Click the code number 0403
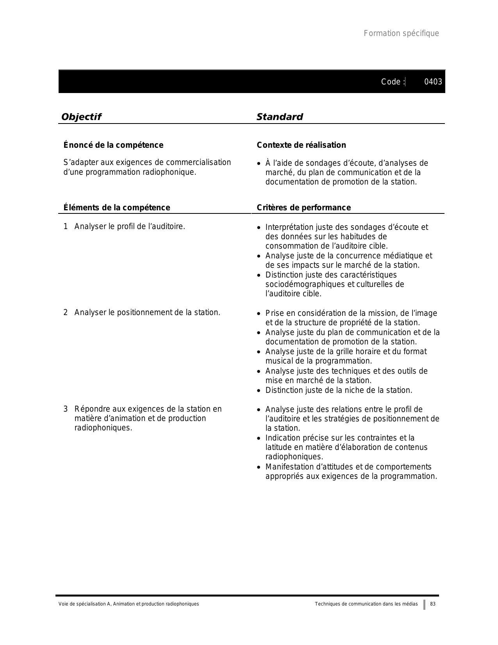point(433,82)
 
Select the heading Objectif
point(81,117)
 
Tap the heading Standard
point(280,117)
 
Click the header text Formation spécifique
point(401,33)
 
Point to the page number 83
point(433,604)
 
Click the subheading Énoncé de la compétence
point(113,145)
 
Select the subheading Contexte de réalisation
point(301,145)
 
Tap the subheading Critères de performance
point(303,208)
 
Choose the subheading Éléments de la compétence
point(116,208)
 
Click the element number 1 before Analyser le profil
point(66,227)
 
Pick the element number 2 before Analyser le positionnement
point(66,313)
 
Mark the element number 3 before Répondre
point(66,409)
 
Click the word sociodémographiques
point(304,285)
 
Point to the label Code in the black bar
point(391,82)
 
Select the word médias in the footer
point(410,604)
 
